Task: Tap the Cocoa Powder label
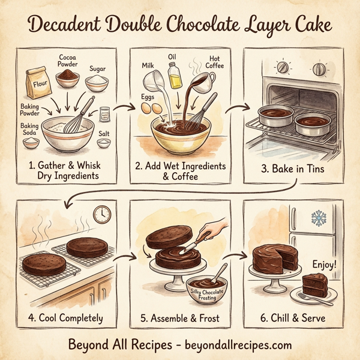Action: coord(69,61)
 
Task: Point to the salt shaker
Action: coord(105,115)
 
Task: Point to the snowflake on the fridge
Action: coord(318,218)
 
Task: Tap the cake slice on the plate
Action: coord(314,283)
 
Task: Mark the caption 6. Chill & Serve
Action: coord(292,318)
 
